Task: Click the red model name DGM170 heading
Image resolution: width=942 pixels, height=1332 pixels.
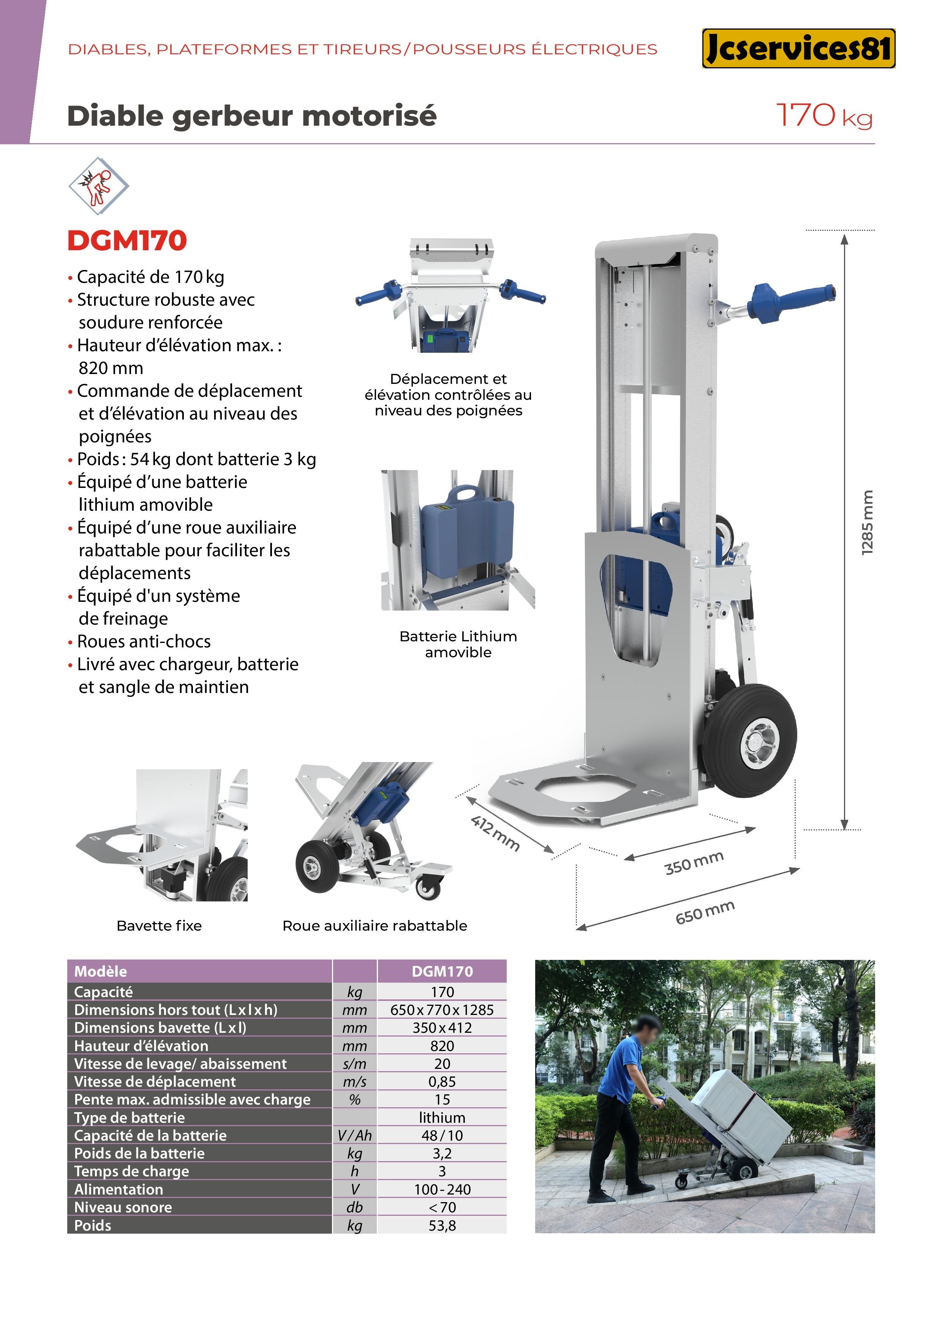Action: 127,241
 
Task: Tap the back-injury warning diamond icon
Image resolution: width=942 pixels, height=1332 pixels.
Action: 99,186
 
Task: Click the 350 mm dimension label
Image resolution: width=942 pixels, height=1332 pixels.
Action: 694,863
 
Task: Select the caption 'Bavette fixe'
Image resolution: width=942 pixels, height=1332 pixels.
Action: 159,925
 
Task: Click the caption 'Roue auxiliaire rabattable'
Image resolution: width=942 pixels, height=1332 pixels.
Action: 375,925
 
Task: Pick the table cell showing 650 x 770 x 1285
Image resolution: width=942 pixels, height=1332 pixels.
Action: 442,1010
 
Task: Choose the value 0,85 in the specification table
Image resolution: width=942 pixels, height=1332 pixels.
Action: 442,1081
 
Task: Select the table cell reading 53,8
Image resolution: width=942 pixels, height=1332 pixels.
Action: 442,1225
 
